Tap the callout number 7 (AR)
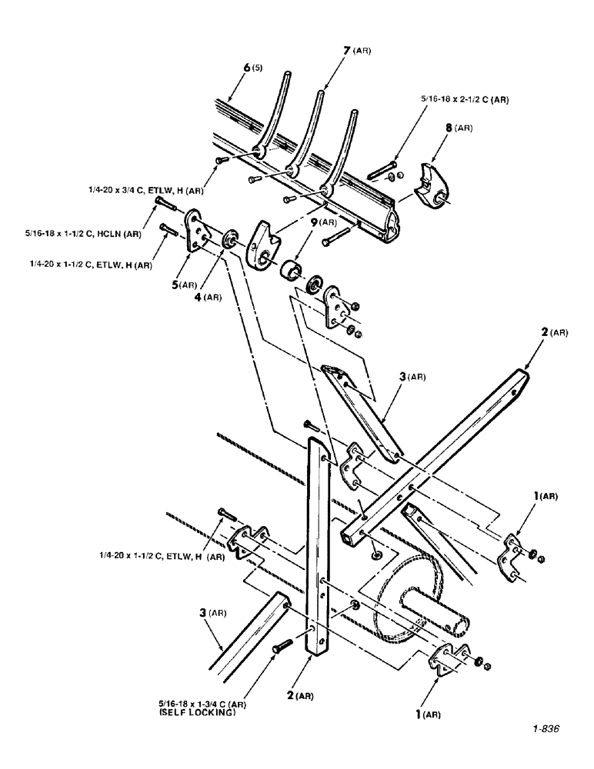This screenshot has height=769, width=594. pos(356,52)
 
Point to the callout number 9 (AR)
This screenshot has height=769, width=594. pos(322,224)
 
